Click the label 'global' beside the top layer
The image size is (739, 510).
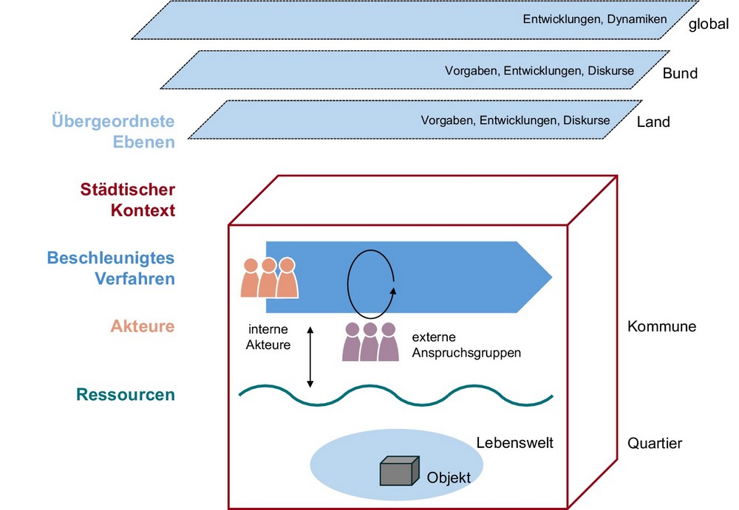click(x=709, y=25)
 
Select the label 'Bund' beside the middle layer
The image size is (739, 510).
click(x=680, y=73)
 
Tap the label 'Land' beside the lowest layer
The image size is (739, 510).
click(x=653, y=122)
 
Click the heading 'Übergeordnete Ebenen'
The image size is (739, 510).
click(x=113, y=131)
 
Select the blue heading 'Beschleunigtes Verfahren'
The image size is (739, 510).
click(x=111, y=269)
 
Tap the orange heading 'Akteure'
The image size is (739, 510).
click(x=143, y=326)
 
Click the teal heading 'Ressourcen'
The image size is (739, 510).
click(x=126, y=395)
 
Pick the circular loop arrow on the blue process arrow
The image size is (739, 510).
click(x=372, y=281)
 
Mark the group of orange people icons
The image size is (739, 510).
click(x=269, y=277)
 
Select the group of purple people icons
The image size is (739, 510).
click(x=370, y=342)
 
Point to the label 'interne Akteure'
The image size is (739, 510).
click(x=268, y=337)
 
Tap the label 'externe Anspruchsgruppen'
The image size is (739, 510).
click(x=466, y=345)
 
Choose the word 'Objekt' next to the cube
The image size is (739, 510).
click(x=449, y=478)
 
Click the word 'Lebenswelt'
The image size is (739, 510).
click(x=514, y=444)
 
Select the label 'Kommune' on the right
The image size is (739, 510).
click(x=661, y=326)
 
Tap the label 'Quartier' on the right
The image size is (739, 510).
click(x=655, y=444)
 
